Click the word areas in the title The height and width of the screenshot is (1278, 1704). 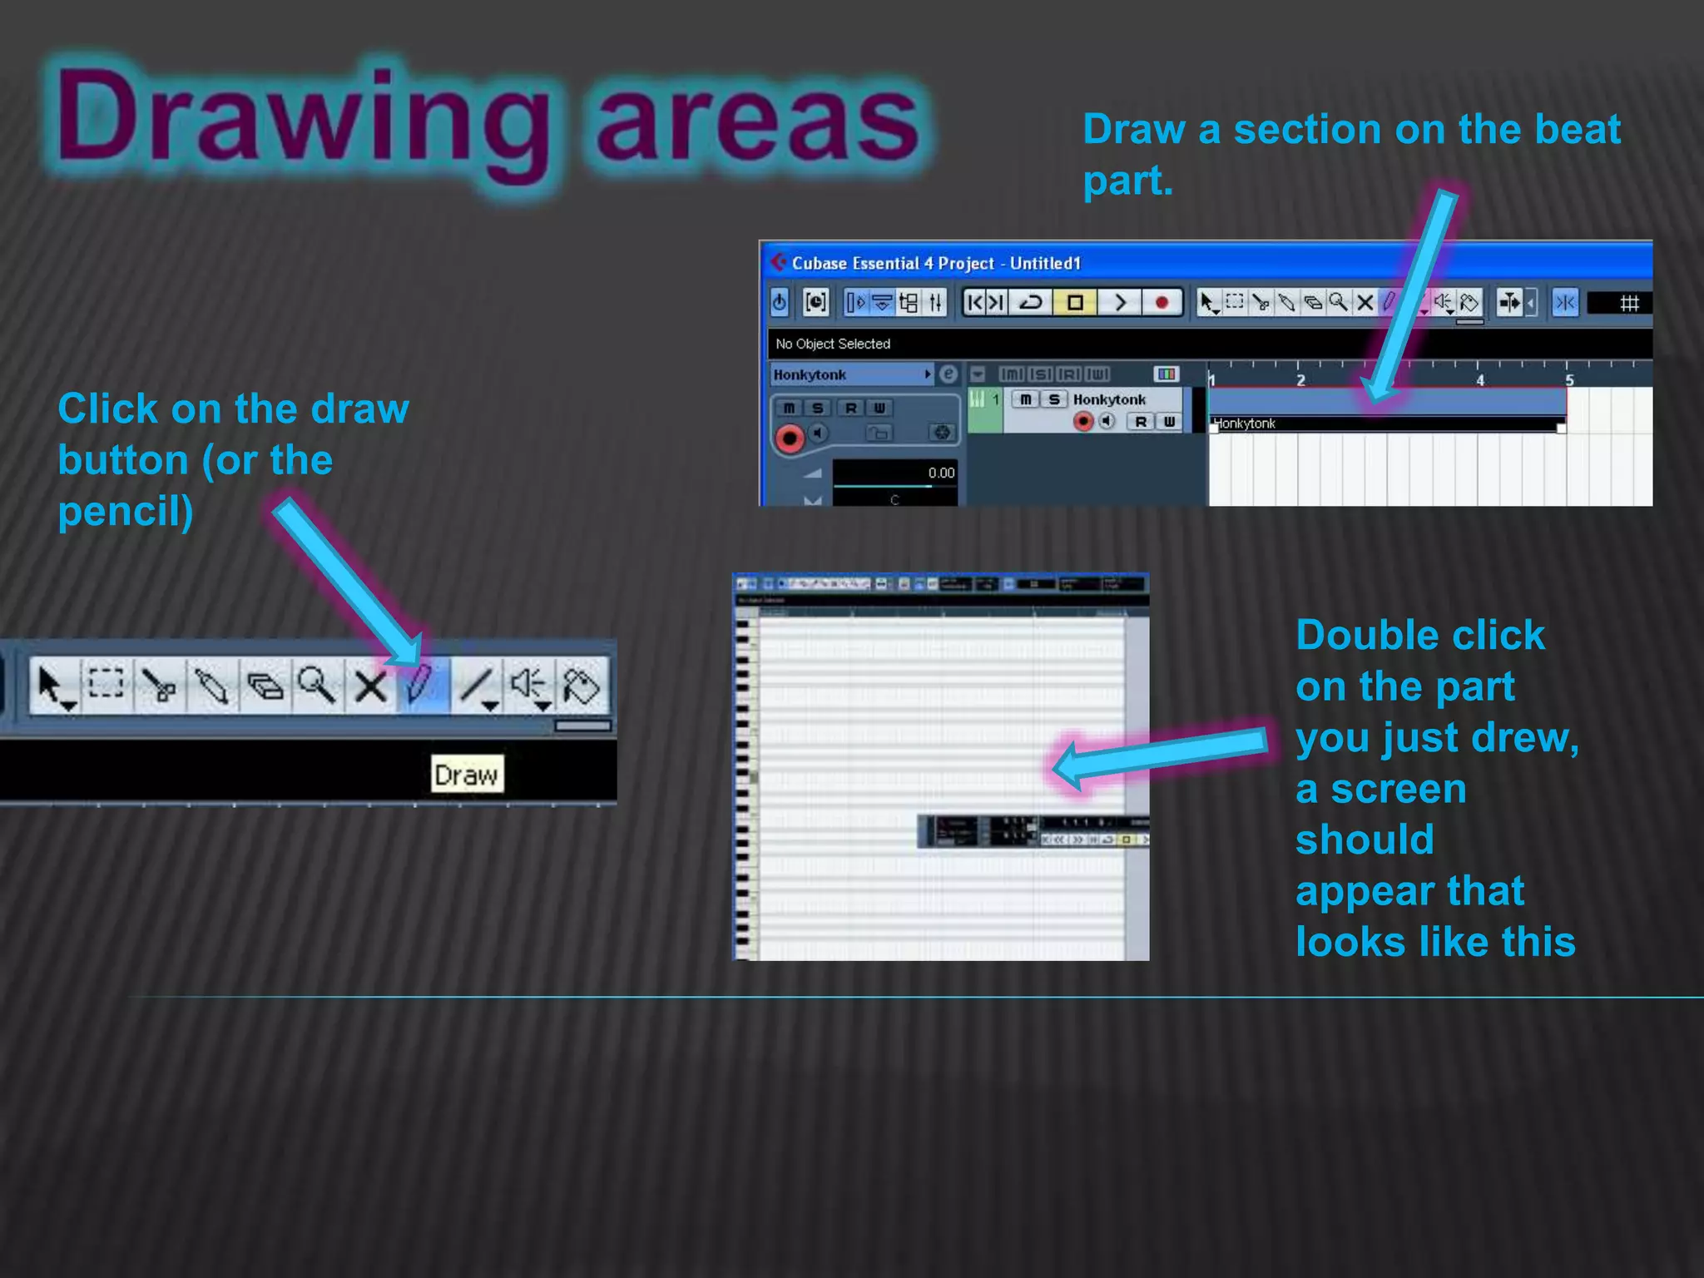pos(757,121)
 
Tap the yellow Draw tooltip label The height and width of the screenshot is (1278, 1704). pos(467,775)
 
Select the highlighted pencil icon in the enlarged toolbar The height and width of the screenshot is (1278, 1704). pos(421,686)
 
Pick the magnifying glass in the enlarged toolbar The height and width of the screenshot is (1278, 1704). pos(316,686)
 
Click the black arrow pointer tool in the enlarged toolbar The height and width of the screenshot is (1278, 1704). pos(52,686)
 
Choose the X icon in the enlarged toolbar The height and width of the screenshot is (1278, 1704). pos(369,686)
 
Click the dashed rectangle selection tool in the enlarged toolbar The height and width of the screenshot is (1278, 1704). pos(106,684)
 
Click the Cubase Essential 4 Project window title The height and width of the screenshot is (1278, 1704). pos(936,264)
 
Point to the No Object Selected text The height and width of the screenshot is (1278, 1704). pos(833,344)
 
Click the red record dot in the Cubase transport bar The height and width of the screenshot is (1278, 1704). pos(1162,302)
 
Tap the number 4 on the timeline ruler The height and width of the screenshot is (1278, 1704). pos(1480,380)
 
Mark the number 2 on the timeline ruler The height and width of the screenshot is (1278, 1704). pos(1301,380)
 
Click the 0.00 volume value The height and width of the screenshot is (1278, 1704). pos(941,473)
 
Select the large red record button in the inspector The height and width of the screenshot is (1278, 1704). pos(790,437)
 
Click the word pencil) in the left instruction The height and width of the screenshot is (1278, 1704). pos(126,511)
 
